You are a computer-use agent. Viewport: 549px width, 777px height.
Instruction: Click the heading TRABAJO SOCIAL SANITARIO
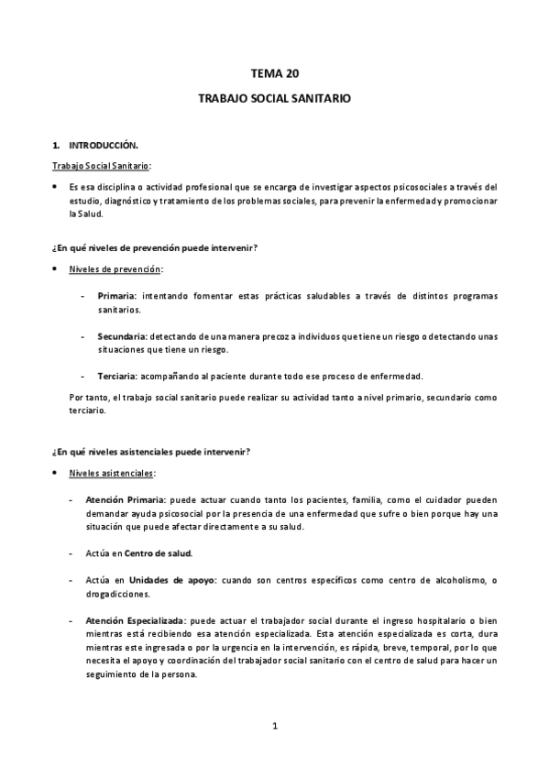pos(274,96)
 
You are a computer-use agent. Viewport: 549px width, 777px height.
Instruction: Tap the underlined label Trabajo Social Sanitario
pos(101,165)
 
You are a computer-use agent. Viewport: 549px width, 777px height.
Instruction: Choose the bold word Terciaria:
pos(117,377)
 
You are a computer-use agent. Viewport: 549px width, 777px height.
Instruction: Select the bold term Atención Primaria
pos(126,500)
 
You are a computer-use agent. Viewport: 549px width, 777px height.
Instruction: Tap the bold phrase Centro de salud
pos(158,553)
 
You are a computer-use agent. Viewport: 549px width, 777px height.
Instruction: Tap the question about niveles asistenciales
pos(151,451)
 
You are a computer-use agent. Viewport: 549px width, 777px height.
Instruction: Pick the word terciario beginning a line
pos(88,410)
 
